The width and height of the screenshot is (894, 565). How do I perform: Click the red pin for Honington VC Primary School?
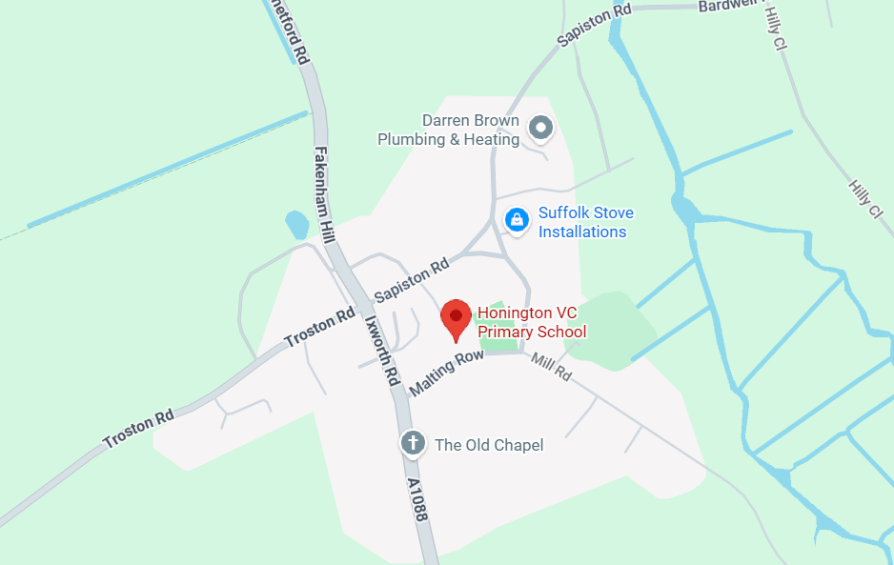(x=456, y=318)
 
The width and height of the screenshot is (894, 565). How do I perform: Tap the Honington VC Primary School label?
(x=531, y=322)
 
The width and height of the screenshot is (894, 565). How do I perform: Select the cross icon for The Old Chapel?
(x=412, y=443)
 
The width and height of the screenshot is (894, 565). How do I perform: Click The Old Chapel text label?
(x=488, y=445)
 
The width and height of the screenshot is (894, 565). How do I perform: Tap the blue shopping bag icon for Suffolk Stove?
(x=516, y=219)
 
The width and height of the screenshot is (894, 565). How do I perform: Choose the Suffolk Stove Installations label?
(x=585, y=222)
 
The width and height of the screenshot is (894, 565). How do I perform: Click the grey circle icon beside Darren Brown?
(x=540, y=127)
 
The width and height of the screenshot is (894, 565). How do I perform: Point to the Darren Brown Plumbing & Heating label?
(x=449, y=130)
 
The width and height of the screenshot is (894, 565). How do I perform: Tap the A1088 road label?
(x=417, y=499)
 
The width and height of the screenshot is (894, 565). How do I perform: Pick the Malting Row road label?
(x=446, y=373)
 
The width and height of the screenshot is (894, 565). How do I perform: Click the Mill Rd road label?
(x=552, y=367)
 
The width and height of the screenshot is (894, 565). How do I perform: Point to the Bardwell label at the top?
(x=727, y=6)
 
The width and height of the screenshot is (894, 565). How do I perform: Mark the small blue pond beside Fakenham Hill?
(x=296, y=225)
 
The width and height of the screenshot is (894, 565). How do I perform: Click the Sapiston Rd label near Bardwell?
(x=595, y=25)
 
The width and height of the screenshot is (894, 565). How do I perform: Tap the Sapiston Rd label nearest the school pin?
(x=411, y=280)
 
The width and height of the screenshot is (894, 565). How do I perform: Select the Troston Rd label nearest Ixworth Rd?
(x=319, y=328)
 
